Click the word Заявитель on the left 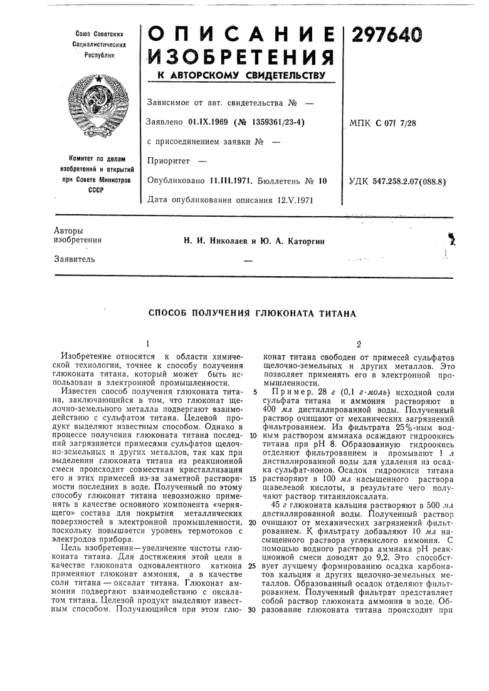(75, 259)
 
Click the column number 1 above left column (147, 344)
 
